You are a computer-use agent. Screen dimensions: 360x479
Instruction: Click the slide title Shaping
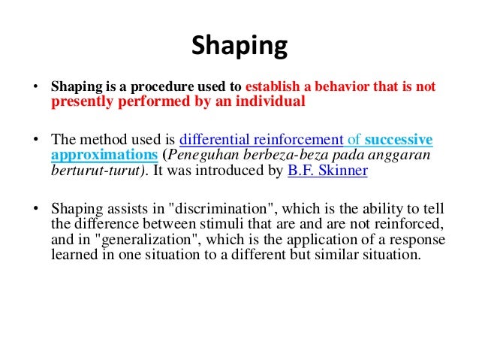click(239, 47)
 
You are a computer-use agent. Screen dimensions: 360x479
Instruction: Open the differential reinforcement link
click(260, 141)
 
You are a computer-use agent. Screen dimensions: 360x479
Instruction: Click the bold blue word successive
click(399, 141)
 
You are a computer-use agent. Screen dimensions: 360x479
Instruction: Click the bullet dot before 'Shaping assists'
click(35, 210)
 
